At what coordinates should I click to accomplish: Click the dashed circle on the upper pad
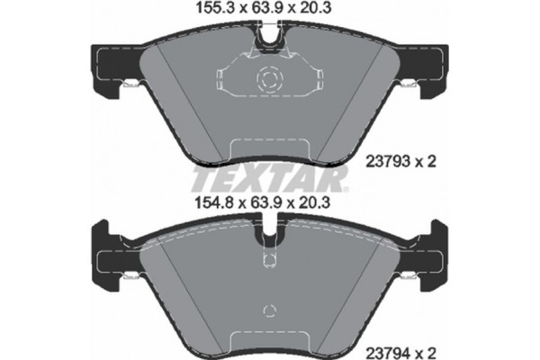tap(269, 80)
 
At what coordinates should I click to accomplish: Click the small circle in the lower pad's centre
tap(269, 311)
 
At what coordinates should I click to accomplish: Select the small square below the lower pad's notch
tap(269, 262)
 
